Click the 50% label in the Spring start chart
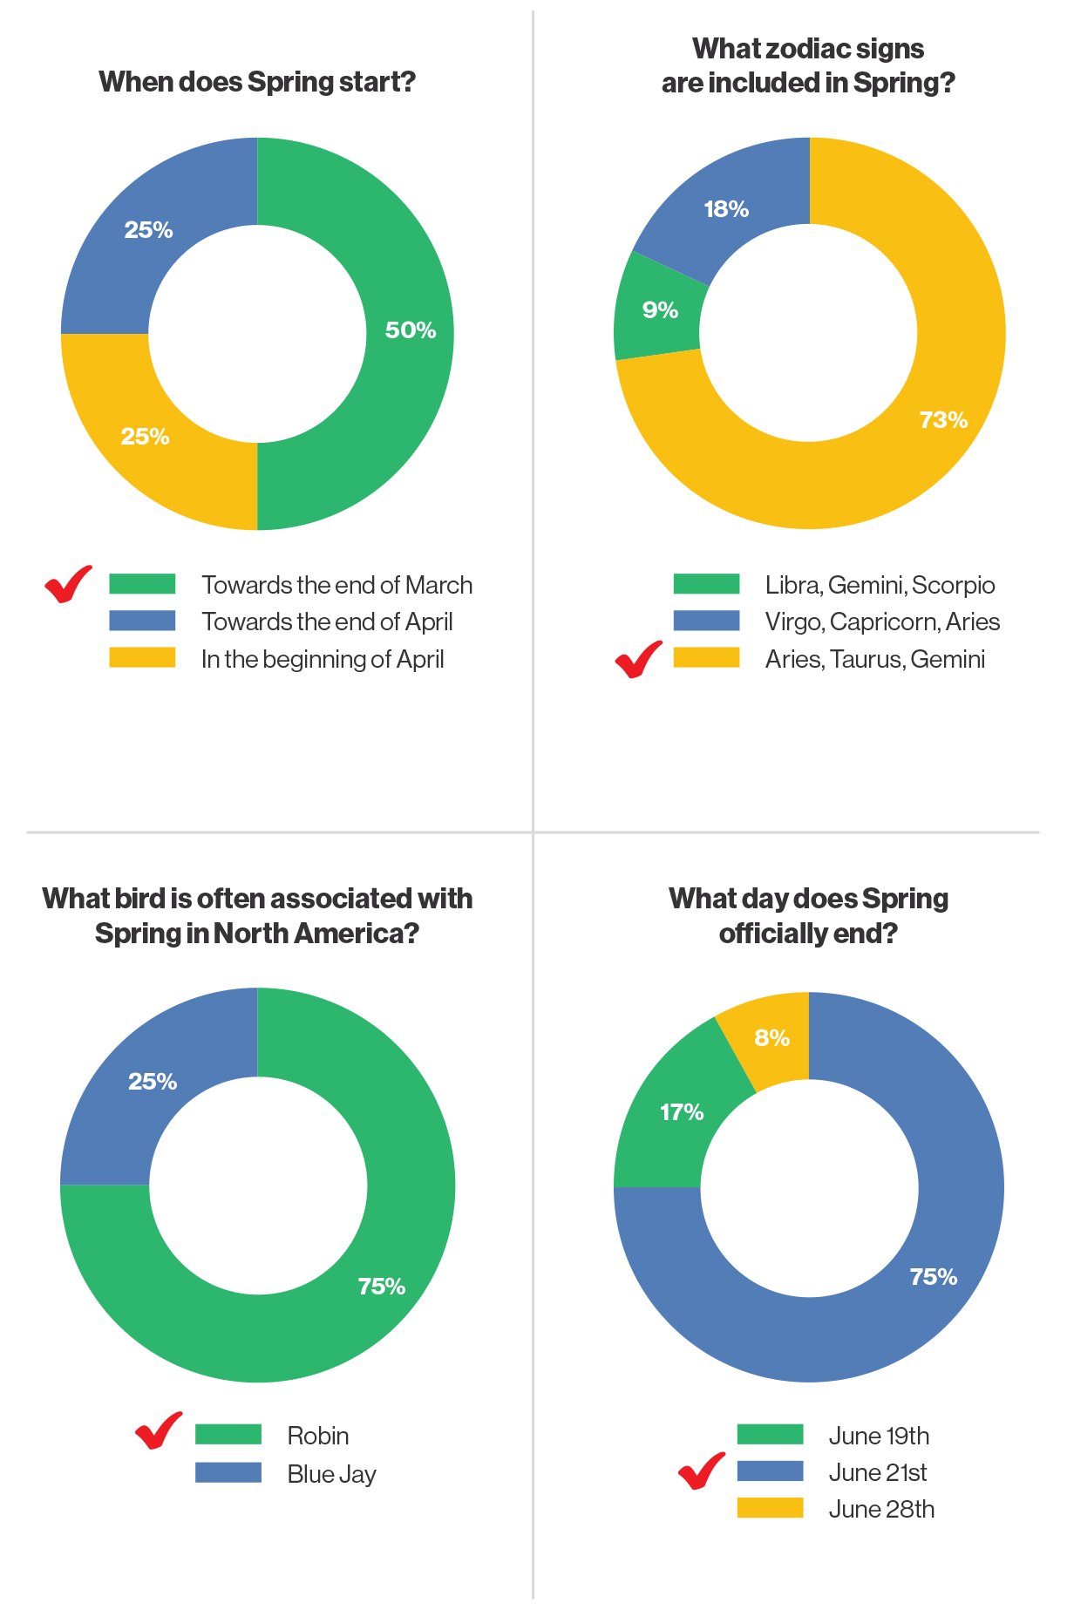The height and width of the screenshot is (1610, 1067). point(410,330)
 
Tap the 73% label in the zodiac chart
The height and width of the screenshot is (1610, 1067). point(943,420)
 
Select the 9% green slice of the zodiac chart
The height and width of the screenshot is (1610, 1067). point(659,309)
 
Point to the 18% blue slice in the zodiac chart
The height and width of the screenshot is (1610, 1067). point(725,209)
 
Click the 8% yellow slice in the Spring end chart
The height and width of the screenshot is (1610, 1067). point(771,1037)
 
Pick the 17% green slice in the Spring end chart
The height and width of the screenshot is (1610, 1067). point(681,1112)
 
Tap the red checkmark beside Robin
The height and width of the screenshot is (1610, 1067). point(159,1430)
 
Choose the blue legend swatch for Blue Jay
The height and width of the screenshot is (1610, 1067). point(228,1472)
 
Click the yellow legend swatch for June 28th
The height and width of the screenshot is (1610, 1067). point(770,1508)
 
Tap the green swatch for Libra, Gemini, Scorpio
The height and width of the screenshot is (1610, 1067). point(706,584)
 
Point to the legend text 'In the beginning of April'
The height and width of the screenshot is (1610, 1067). point(323,659)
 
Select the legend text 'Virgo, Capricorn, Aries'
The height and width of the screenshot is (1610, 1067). point(882,622)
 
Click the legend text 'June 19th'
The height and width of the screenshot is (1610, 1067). point(879,1436)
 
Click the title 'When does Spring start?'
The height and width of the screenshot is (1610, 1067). point(257,82)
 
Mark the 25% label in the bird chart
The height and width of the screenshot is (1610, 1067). point(153,1082)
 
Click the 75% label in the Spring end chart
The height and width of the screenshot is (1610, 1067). point(933,1277)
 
